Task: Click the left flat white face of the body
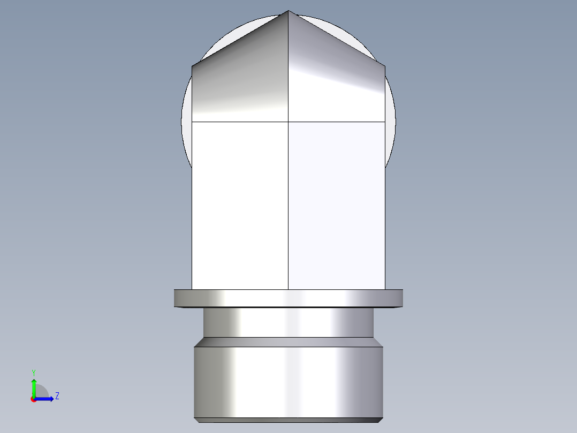pyautogui.click(x=240, y=204)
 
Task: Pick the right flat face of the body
pyautogui.click(x=336, y=204)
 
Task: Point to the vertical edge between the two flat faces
pyautogui.click(x=288, y=214)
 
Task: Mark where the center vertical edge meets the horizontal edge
pyautogui.click(x=288, y=122)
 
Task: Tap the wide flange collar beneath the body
pyautogui.click(x=288, y=298)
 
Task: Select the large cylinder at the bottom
pyautogui.click(x=288, y=380)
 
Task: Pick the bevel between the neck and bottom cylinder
pyautogui.click(x=288, y=342)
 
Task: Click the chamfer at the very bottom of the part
pyautogui.click(x=288, y=420)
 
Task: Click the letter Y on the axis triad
pyautogui.click(x=33, y=372)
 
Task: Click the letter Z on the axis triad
pyautogui.click(x=57, y=396)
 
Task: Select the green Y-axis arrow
pyautogui.click(x=33, y=386)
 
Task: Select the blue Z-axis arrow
pyautogui.click(x=45, y=399)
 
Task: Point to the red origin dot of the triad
pyautogui.click(x=33, y=399)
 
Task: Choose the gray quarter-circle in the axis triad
pyautogui.click(x=41, y=392)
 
